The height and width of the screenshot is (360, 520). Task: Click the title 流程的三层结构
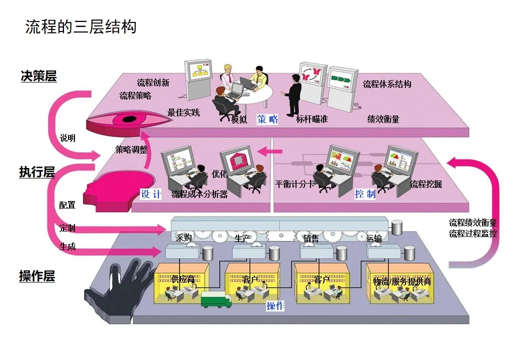81,26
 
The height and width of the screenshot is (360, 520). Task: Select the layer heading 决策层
38,76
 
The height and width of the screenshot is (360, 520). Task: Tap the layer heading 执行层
37,172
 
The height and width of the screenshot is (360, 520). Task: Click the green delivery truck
216,299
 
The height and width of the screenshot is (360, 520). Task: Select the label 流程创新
153,82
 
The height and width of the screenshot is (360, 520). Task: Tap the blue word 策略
267,119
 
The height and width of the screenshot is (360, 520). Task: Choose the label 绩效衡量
383,119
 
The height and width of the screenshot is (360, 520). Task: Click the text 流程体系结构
387,84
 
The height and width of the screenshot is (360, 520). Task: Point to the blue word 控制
364,194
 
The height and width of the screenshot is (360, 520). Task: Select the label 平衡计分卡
295,184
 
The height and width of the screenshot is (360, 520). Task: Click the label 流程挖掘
426,184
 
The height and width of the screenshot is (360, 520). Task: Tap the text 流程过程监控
473,233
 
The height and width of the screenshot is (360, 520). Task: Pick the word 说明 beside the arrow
67,138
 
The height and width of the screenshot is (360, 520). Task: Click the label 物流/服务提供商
402,281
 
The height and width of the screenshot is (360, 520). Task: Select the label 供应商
183,279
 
